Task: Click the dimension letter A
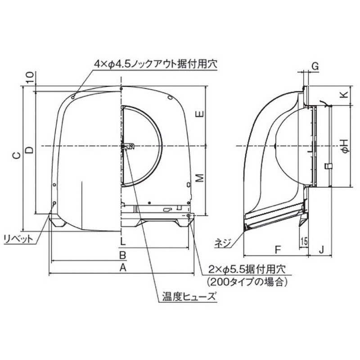coord(122,268)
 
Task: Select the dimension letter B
coord(122,255)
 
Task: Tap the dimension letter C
coord(16,156)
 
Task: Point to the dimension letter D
coord(28,150)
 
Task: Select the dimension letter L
coord(122,242)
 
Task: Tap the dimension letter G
coord(315,66)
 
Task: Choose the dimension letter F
coord(277,248)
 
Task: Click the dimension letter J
coord(321,248)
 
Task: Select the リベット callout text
coord(18,238)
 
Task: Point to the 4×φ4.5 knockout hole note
coord(155,64)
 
